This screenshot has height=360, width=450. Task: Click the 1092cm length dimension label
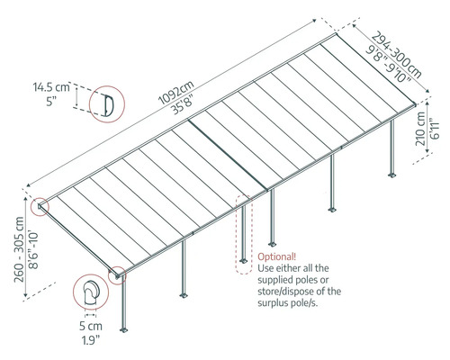tap(176, 92)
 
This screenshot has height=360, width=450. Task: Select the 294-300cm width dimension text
tap(397, 55)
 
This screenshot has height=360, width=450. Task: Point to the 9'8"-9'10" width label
tap(389, 64)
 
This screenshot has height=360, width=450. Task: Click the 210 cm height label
tap(420, 129)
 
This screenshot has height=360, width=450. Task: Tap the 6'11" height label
tap(435, 130)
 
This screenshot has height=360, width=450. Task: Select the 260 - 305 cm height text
tap(19, 249)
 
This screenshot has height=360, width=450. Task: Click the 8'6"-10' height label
tap(33, 249)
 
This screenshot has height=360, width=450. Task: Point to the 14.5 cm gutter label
tap(51, 87)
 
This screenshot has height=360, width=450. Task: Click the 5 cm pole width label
tap(91, 326)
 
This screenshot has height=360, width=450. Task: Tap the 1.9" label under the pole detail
tap(91, 340)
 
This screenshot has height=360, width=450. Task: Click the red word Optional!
tap(277, 257)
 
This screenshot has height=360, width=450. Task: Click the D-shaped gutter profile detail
tap(108, 104)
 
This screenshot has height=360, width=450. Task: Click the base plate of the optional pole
tap(243, 260)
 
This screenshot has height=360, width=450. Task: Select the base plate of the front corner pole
tap(123, 329)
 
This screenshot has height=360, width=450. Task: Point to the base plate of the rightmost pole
tap(392, 175)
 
